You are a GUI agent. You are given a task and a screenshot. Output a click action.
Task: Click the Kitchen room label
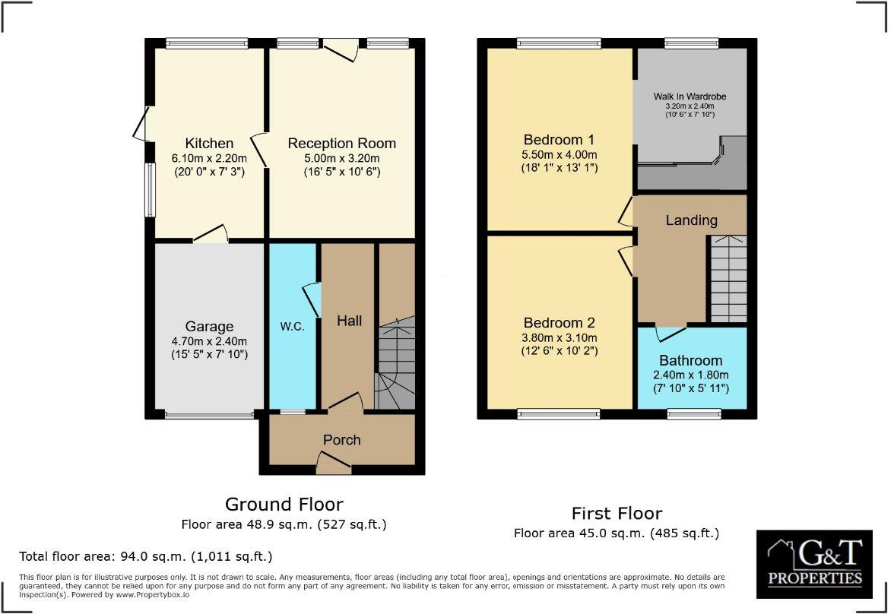209,144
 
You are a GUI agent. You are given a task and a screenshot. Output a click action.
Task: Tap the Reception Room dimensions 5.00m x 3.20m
341,158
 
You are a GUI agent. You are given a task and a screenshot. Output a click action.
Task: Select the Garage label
209,327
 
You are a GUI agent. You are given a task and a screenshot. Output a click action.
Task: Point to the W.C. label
292,327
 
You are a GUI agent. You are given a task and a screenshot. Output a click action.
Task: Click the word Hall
349,321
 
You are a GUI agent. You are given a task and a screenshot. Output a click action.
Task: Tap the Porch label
341,439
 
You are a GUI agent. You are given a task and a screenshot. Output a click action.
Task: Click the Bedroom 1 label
559,140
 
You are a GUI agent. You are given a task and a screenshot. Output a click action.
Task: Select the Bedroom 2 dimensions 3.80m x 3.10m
559,337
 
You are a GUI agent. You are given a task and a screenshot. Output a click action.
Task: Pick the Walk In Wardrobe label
690,97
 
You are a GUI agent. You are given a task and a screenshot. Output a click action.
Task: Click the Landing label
691,220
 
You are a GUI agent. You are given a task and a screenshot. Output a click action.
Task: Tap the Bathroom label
690,360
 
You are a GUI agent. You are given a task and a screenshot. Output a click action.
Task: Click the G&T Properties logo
815,565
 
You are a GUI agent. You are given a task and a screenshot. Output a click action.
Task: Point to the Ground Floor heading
284,504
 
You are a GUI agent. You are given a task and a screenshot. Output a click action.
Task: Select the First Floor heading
617,513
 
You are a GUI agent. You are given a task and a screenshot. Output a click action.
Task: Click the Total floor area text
145,555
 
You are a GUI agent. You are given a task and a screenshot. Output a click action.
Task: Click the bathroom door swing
671,333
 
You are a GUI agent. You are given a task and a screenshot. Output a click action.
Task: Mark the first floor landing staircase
728,277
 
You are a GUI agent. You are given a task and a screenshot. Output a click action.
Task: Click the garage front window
209,415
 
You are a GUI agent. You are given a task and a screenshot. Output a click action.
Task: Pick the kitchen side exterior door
141,124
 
